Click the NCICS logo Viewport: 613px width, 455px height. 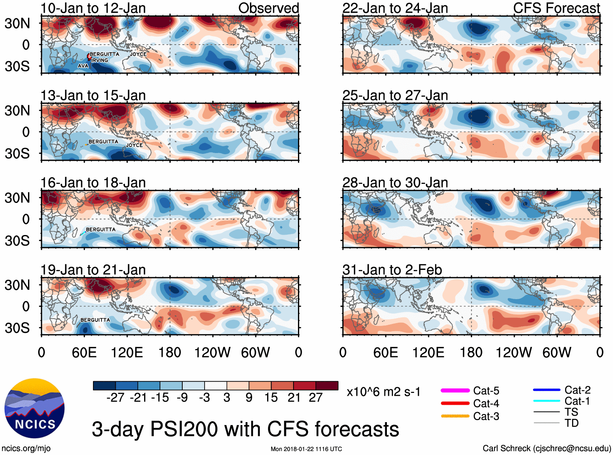click(x=35, y=408)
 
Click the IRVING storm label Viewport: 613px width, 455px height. click(x=100, y=60)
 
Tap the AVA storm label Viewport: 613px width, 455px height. click(x=83, y=66)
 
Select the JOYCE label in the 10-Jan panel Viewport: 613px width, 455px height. click(x=138, y=54)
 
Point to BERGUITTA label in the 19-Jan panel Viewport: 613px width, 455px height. click(x=95, y=320)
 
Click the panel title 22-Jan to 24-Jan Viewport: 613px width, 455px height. click(x=395, y=8)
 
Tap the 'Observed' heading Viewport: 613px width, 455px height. click(x=268, y=8)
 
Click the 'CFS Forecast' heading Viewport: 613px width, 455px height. click(x=556, y=8)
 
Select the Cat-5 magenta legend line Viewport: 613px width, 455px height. click(x=455, y=390)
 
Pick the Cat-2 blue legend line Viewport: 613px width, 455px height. click(x=546, y=390)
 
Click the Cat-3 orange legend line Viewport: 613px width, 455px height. click(x=455, y=416)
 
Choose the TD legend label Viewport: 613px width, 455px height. click(x=572, y=423)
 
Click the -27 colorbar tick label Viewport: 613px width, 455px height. click(x=115, y=397)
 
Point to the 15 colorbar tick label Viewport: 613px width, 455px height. click(x=271, y=397)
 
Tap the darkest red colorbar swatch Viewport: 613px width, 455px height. click(x=327, y=386)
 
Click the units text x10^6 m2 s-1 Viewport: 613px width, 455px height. click(x=383, y=392)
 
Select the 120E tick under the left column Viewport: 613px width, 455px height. click(x=127, y=352)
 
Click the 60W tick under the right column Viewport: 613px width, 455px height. click(x=557, y=352)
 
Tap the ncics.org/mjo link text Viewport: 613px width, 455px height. click(x=26, y=448)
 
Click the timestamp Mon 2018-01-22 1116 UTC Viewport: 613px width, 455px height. click(x=306, y=449)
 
